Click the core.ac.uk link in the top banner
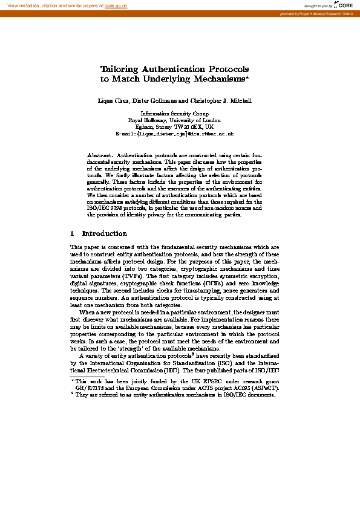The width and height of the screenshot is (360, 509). tap(116, 5)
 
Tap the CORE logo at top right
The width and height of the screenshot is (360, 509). tap(344, 5)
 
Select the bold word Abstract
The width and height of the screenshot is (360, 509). tap(100, 155)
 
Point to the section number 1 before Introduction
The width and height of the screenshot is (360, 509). tap(72, 233)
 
